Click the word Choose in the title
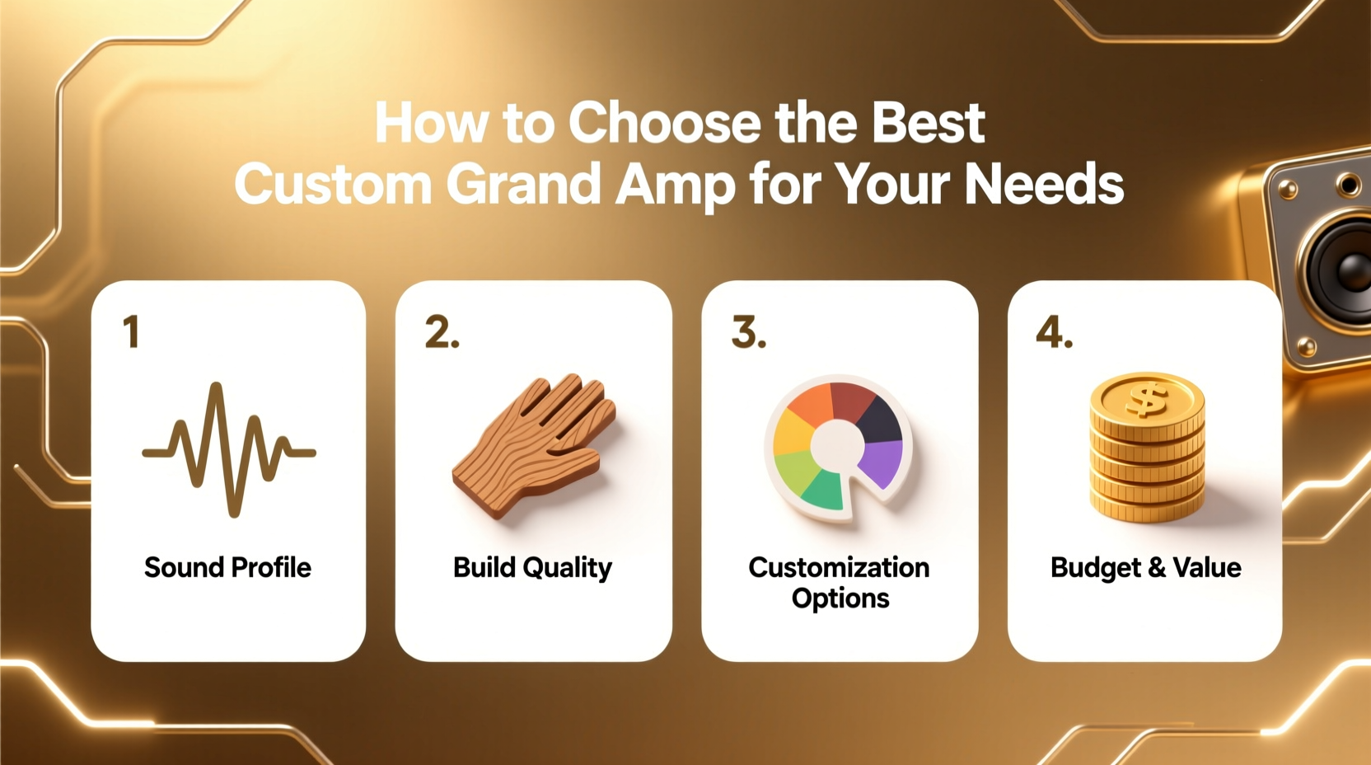[666, 124]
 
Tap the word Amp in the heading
[675, 185]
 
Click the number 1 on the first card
[131, 332]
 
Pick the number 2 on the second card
[442, 332]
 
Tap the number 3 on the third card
[748, 332]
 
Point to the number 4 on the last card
[1054, 332]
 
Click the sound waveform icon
[228, 449]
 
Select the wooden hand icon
[536, 445]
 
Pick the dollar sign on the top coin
[1147, 400]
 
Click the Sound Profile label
[227, 567]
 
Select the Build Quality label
[532, 567]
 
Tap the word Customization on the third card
[839, 567]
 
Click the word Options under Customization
[840, 598]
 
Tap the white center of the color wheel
[837, 446]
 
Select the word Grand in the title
[524, 184]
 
